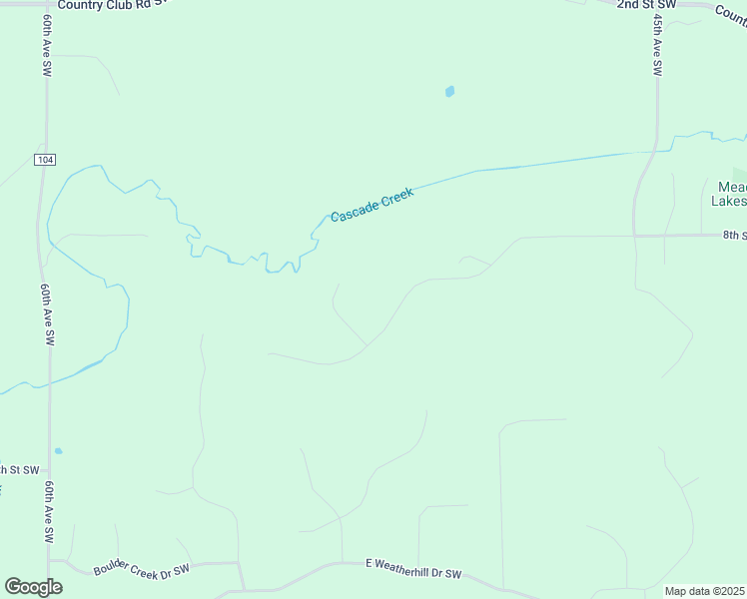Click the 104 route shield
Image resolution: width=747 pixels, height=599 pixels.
click(44, 160)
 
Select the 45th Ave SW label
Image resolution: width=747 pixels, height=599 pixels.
click(657, 45)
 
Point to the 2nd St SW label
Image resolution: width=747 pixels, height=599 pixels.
click(646, 5)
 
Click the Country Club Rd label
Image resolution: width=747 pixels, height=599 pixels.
click(107, 5)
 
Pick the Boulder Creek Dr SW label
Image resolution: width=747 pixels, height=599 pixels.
click(141, 571)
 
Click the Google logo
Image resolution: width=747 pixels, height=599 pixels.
click(33, 587)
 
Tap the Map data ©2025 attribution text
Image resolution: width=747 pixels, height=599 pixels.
click(705, 591)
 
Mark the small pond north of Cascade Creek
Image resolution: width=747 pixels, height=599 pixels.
click(449, 92)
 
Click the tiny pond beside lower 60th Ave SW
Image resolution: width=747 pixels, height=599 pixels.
click(59, 451)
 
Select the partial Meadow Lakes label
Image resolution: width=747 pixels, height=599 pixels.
click(730, 194)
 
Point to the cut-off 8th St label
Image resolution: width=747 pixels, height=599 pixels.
click(734, 236)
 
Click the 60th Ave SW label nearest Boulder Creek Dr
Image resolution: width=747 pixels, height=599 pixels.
click(49, 511)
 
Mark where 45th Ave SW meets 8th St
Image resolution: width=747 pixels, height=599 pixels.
click(636, 236)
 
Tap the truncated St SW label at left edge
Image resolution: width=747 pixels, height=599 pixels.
click(18, 469)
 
